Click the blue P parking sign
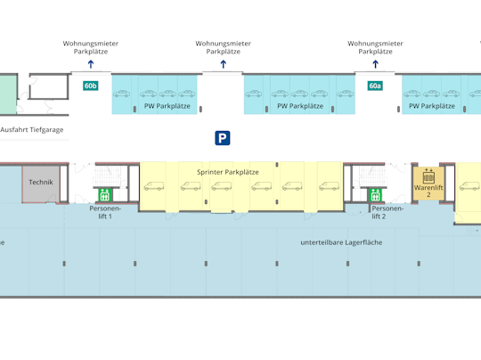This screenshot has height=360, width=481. click(223, 138)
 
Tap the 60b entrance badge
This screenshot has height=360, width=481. click(91, 86)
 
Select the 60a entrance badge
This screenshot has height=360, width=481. click(375, 86)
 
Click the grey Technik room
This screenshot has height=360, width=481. click(41, 184)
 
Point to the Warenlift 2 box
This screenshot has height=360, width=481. click(428, 184)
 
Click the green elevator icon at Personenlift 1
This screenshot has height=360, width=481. click(104, 195)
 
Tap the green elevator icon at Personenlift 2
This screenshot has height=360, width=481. click(375, 195)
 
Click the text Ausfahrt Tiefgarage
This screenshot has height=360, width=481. click(32, 130)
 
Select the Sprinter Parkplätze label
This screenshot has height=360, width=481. click(228, 172)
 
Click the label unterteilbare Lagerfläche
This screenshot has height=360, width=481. click(341, 242)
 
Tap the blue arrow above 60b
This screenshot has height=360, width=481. click(91, 64)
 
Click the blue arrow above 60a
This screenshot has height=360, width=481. click(375, 64)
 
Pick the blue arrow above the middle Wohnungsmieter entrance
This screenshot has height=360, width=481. click(223, 64)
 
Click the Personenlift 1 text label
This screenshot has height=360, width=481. click(105, 212)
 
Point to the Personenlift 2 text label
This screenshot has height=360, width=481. click(387, 212)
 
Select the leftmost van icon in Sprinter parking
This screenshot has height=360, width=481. click(154, 186)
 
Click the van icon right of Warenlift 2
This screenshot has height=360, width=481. click(469, 186)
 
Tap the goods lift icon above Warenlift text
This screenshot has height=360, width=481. click(428, 176)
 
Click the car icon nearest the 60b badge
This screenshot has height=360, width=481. click(121, 94)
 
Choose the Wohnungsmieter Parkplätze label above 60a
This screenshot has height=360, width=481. click(375, 47)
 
